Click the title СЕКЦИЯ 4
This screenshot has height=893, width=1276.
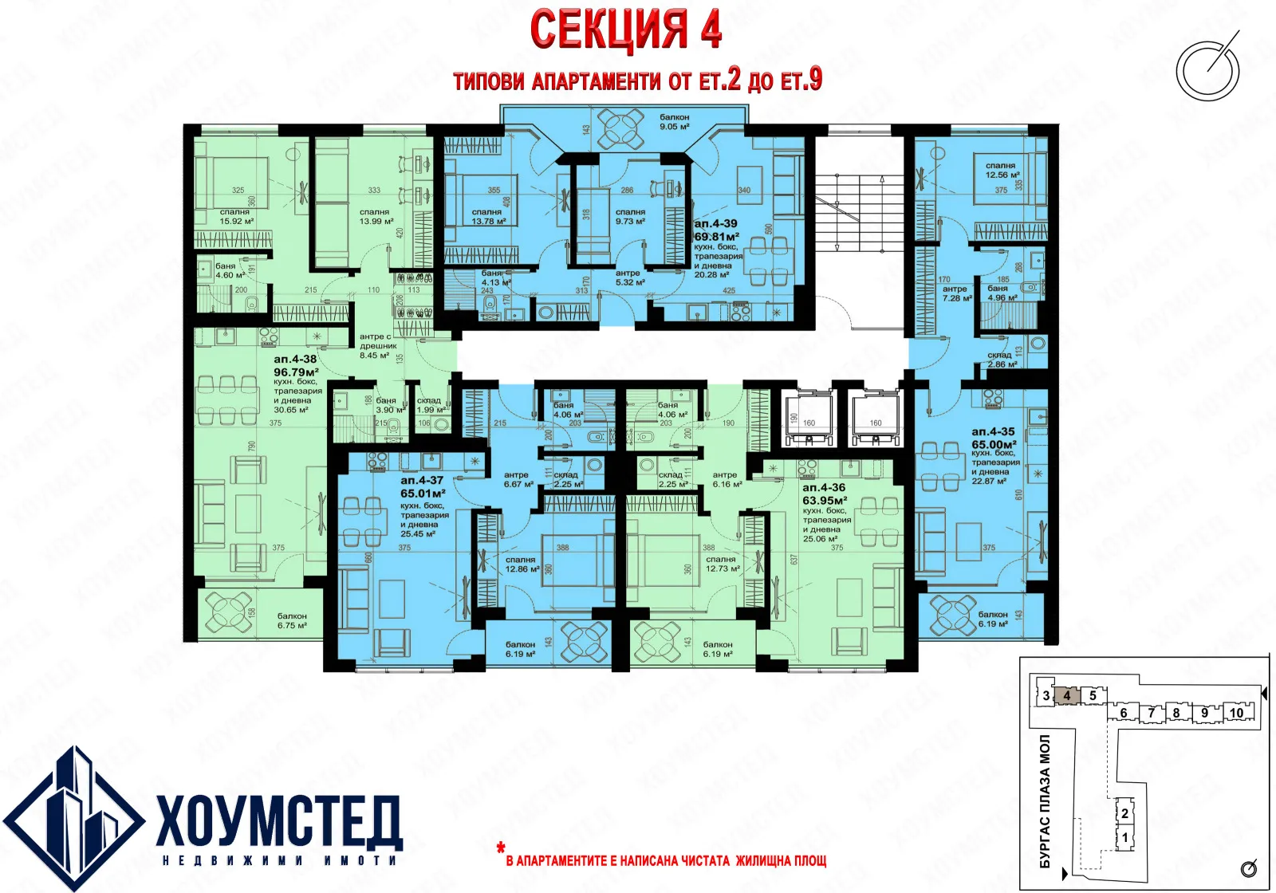[x=626, y=30]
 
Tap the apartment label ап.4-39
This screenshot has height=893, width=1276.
[x=715, y=224]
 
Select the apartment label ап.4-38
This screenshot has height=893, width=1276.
[x=295, y=360]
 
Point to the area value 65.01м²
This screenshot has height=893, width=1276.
[x=423, y=494]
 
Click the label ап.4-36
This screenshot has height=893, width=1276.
[x=824, y=487]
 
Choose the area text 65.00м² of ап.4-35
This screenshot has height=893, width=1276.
[x=994, y=444]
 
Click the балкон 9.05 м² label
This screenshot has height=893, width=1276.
[x=675, y=121]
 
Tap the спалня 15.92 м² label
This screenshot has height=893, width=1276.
[x=235, y=216]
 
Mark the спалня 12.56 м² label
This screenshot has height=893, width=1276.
[x=1002, y=170]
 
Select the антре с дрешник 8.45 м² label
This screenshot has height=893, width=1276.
[x=377, y=346]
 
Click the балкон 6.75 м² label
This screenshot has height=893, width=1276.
[x=292, y=620]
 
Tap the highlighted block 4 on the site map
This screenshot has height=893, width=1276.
[x=1067, y=695]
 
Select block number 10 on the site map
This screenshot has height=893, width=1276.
[x=1236, y=713]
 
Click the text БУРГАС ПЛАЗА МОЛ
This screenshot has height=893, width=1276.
[x=1045, y=801]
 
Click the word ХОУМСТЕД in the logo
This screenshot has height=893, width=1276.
[x=279, y=821]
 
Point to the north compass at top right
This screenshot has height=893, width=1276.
[x=1208, y=69]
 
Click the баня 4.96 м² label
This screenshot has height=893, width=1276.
[x=1002, y=293]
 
